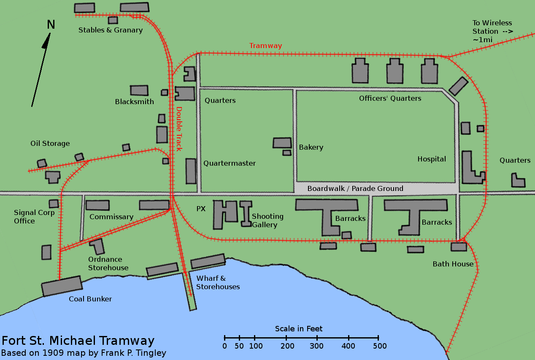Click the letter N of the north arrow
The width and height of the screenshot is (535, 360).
pyautogui.click(x=51, y=25)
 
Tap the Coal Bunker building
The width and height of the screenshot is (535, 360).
pyautogui.click(x=62, y=286)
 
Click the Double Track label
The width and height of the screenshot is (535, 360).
pyautogui.click(x=179, y=129)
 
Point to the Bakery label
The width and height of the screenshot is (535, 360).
pyautogui.click(x=311, y=147)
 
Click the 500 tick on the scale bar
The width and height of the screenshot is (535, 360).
pyautogui.click(x=378, y=338)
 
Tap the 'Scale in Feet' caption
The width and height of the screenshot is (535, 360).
pyautogui.click(x=299, y=329)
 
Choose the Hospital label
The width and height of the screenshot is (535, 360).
pyautogui.click(x=432, y=159)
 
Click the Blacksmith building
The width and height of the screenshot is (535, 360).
pyautogui.click(x=139, y=90)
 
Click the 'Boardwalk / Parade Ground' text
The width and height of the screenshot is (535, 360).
pyautogui.click(x=355, y=188)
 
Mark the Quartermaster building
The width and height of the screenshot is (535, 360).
pyautogui.click(x=191, y=171)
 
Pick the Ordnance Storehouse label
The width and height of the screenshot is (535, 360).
pyautogui.click(x=108, y=263)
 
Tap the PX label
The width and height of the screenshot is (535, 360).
pyautogui.click(x=201, y=209)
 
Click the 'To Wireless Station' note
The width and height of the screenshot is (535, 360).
pyautogui.click(x=492, y=31)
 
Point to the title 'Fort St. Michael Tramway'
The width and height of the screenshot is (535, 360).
pyautogui.click(x=78, y=341)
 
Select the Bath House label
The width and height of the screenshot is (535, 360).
pyautogui.click(x=453, y=264)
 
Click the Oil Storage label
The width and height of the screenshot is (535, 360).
pyautogui.click(x=50, y=143)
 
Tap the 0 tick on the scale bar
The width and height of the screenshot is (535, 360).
pyautogui.click(x=224, y=338)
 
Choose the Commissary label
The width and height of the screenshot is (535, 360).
pyautogui.click(x=111, y=217)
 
